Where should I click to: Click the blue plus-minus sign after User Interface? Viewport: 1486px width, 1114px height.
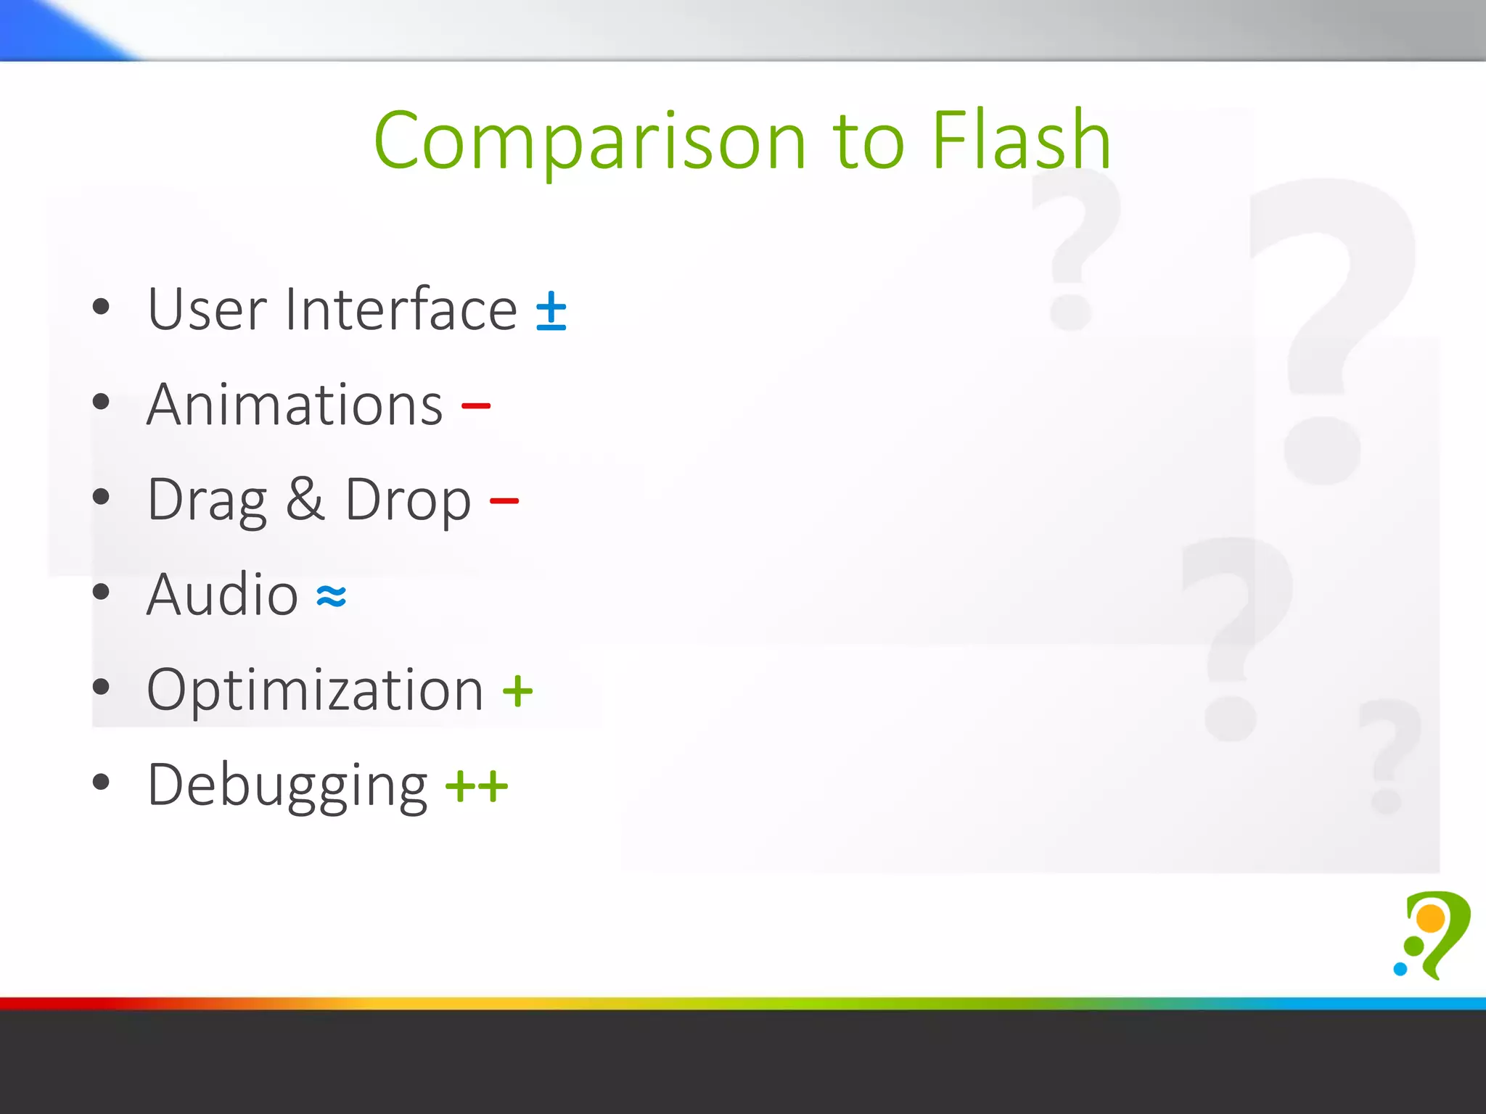(x=551, y=311)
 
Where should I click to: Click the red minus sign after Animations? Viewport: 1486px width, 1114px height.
(x=476, y=405)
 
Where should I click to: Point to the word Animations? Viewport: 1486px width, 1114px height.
(x=295, y=405)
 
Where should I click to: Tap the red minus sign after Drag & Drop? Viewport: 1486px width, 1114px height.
(x=504, y=500)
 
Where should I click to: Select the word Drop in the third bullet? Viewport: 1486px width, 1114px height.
(x=408, y=500)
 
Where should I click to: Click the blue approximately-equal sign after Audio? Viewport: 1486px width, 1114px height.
(x=332, y=597)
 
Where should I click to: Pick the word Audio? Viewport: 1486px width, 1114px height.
(x=222, y=595)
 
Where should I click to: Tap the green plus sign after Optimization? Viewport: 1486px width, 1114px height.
(x=517, y=691)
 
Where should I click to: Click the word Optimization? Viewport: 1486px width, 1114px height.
(x=315, y=690)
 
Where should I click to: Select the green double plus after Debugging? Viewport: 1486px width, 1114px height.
(x=477, y=786)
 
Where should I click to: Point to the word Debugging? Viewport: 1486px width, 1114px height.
(x=287, y=786)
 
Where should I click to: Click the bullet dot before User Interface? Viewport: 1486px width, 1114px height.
(x=101, y=307)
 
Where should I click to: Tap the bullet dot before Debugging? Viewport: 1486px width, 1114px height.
(x=101, y=782)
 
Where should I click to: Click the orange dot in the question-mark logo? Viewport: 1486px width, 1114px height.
(x=1431, y=918)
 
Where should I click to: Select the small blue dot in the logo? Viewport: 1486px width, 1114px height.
(x=1400, y=969)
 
